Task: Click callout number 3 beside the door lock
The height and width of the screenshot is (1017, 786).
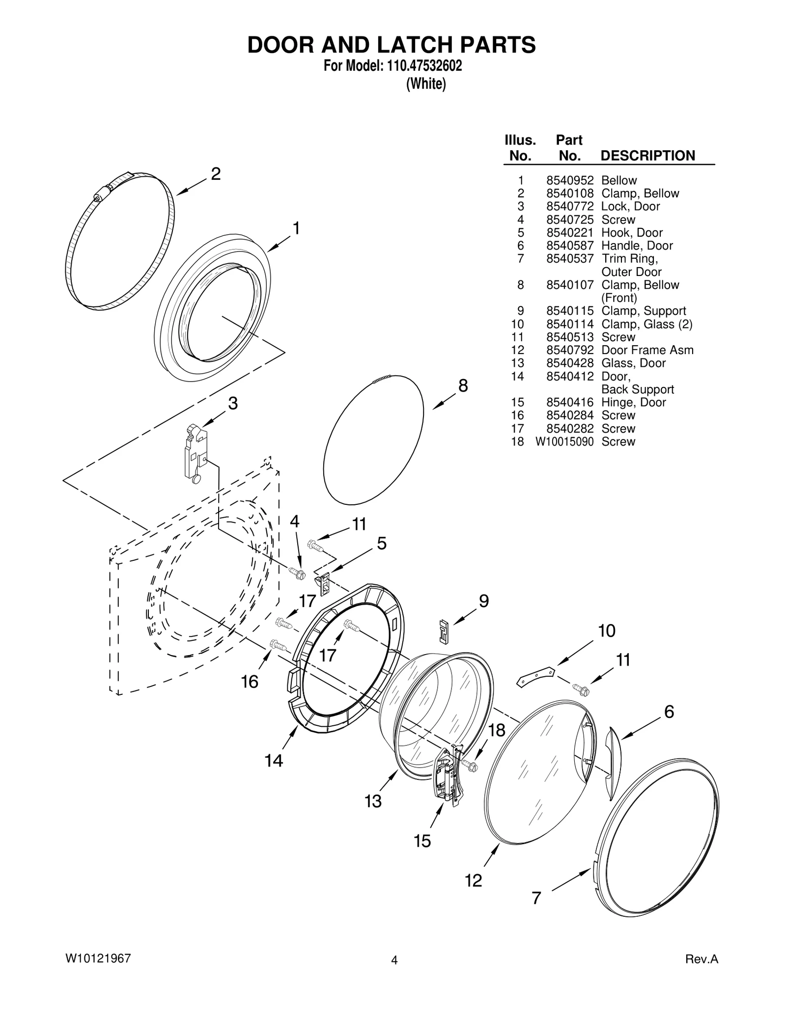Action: click(233, 404)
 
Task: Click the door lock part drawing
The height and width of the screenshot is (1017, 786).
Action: click(195, 453)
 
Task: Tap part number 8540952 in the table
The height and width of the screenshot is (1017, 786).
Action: click(570, 180)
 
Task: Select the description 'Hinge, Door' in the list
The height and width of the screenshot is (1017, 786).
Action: click(633, 402)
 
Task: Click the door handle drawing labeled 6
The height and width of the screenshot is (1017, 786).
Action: click(612, 760)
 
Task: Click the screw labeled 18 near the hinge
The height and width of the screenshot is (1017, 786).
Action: click(469, 766)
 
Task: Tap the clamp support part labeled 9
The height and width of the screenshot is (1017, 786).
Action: click(444, 631)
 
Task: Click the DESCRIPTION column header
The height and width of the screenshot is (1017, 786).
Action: click(647, 156)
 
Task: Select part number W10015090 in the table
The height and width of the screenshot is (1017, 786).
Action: click(564, 441)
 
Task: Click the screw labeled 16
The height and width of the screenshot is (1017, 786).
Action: click(278, 645)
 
